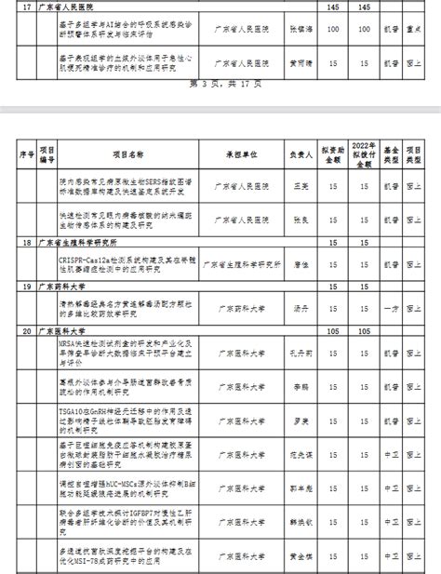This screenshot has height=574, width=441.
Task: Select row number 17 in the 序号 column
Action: pyautogui.click(x=25, y=7)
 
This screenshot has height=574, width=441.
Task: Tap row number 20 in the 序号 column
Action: pyautogui.click(x=25, y=330)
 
